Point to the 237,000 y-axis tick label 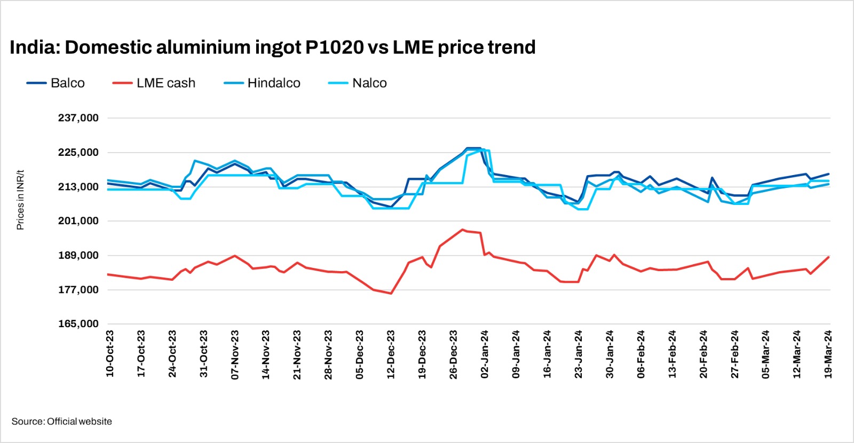[x=78, y=118]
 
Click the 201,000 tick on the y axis [x=78, y=221]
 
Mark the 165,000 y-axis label [x=78, y=324]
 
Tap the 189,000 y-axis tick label [x=78, y=256]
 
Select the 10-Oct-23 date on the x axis [x=110, y=353]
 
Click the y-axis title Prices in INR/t [x=20, y=200]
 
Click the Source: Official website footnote [x=62, y=422]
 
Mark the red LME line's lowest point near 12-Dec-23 [x=391, y=293]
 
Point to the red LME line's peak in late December [x=462, y=230]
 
